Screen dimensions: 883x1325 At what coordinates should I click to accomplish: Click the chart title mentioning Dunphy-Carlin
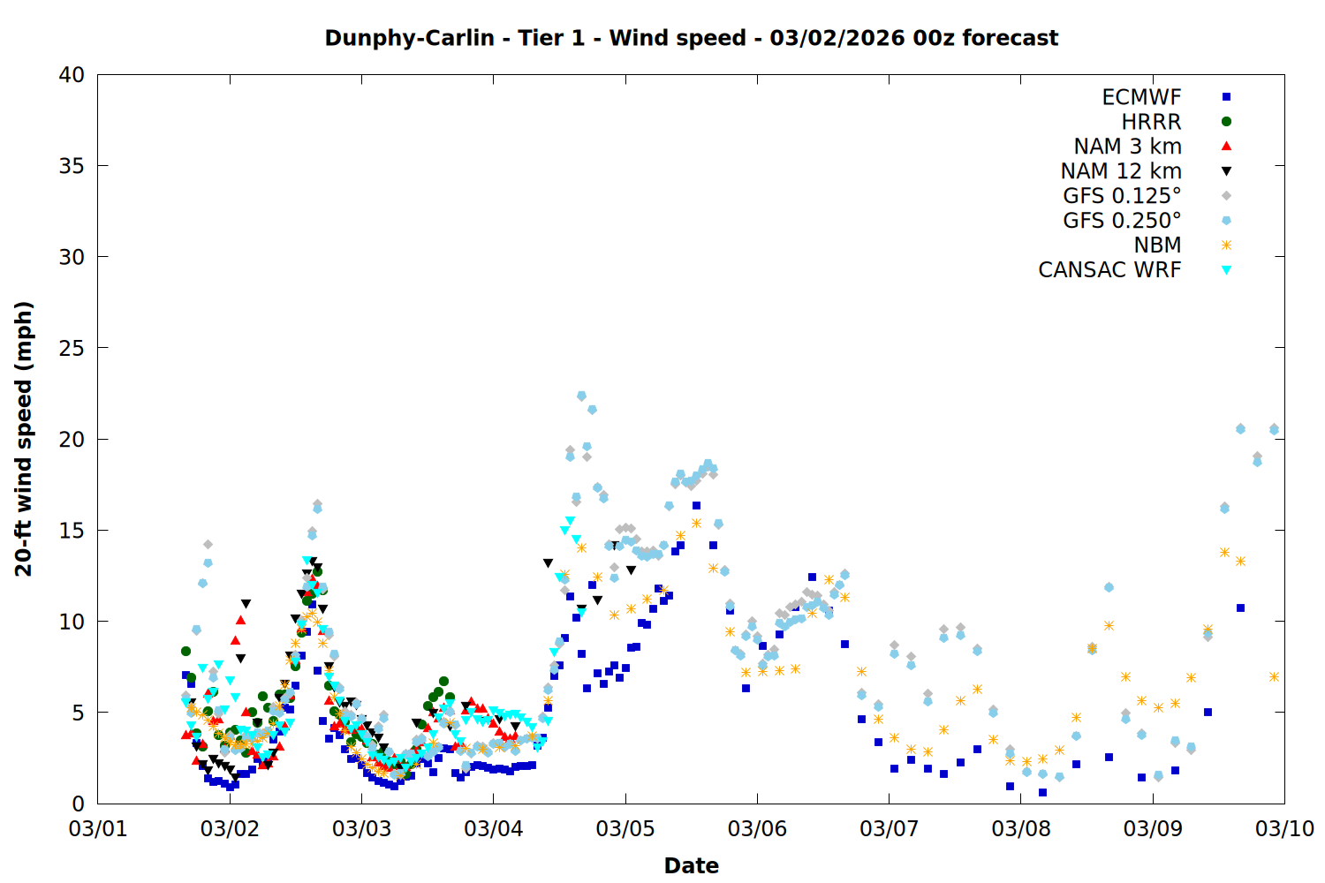pos(691,38)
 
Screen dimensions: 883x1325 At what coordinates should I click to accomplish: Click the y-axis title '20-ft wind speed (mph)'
pos(24,439)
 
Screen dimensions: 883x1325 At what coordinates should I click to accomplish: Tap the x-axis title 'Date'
pos(691,865)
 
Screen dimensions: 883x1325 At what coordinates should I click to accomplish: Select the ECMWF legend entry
pos(1141,97)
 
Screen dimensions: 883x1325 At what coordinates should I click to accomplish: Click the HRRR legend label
pos(1151,122)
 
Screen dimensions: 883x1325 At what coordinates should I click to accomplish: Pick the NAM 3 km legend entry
pos(1127,147)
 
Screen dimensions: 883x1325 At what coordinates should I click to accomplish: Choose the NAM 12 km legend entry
pos(1121,171)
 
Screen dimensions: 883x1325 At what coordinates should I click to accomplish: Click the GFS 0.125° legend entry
pos(1122,196)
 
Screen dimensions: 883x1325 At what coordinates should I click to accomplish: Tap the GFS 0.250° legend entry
pos(1122,221)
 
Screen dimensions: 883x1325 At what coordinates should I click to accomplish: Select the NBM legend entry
pos(1157,245)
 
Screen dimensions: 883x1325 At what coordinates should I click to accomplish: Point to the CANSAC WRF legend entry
pos(1109,270)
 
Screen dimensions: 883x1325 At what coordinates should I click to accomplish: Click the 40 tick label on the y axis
pos(72,75)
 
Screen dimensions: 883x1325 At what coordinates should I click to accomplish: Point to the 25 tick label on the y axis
pos(72,348)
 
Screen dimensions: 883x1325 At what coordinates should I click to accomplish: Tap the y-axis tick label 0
pos(79,804)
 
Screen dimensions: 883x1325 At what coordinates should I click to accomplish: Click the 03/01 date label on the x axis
pos(97,829)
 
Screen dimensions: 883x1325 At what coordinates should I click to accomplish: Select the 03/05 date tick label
pos(625,829)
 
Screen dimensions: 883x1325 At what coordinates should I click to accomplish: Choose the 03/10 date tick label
pos(1284,829)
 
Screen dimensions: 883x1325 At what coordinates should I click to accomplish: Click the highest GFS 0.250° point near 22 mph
pos(581,396)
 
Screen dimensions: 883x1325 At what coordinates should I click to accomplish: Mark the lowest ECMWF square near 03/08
pos(1042,792)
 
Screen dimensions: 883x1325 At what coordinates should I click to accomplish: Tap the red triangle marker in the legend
pos(1226,147)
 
